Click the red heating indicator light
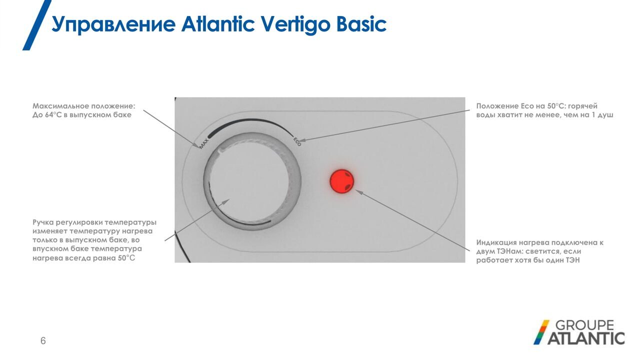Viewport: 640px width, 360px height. [341, 181]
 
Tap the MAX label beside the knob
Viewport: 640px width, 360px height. [204, 143]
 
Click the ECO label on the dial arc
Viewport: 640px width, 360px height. [297, 141]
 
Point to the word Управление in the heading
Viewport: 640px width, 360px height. [113, 25]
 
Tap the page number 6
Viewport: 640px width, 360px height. [43, 341]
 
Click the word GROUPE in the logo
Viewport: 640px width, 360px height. [584, 325]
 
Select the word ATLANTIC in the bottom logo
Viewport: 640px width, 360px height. [586, 338]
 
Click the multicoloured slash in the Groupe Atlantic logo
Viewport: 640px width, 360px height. [541, 332]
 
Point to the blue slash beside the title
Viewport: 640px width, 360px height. [37, 25]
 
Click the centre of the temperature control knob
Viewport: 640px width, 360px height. [252, 181]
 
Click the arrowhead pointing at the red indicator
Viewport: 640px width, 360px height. [359, 191]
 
